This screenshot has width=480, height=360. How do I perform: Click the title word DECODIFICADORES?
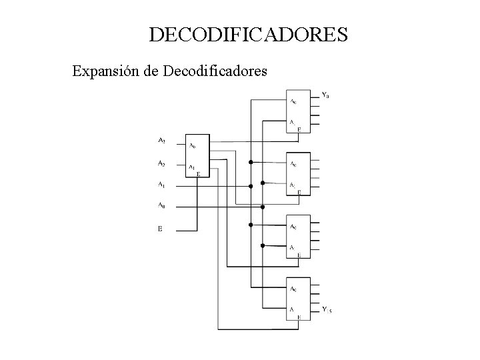point(248,35)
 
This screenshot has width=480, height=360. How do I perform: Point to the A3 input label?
point(161,141)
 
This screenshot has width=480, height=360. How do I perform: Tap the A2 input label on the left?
point(161,163)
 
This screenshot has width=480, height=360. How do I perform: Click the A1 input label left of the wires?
point(161,185)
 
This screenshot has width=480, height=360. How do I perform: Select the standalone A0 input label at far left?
point(161,205)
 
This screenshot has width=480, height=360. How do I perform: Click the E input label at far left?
point(160,229)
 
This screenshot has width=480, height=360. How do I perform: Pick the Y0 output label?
point(325,95)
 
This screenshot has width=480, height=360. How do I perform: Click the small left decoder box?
point(197,156)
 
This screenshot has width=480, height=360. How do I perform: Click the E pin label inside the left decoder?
point(198,173)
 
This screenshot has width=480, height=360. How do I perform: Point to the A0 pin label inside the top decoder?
point(293,102)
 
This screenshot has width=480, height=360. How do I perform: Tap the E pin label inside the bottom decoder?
point(299,317)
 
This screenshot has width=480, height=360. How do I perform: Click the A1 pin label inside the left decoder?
point(192,167)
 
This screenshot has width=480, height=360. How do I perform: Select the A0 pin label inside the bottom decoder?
point(293,289)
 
